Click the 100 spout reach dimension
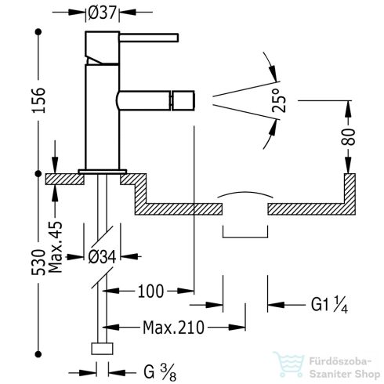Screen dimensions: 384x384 coord(150,292)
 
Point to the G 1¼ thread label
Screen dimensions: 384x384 coord(317,302)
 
